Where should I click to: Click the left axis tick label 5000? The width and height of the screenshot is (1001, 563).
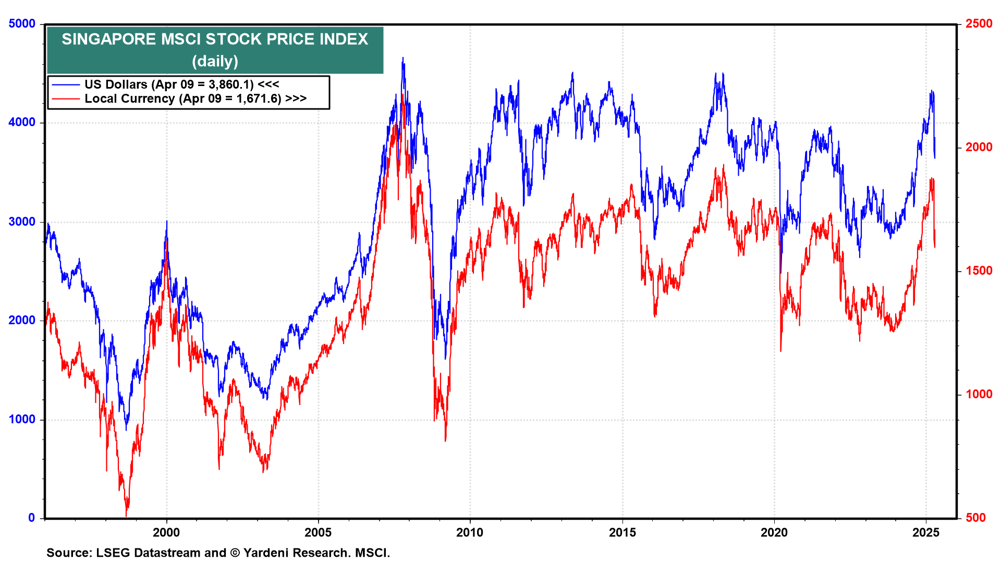pos(22,24)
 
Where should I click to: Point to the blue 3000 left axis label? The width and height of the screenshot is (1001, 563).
pos(22,222)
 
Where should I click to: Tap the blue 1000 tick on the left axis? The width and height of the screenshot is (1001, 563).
pos(22,420)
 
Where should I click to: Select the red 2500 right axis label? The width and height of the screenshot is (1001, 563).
pos(979,24)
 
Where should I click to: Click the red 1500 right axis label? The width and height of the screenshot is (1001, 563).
pos(979,271)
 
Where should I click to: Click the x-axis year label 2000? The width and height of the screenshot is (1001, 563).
pos(166,532)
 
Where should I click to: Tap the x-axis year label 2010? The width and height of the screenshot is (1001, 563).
pos(470,532)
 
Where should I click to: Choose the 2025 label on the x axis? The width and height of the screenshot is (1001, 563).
pos(926,532)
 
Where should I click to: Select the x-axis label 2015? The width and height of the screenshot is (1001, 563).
pos(622,532)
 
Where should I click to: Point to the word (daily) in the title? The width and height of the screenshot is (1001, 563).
pos(215,62)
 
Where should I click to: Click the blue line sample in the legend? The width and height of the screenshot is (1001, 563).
pos(66,84)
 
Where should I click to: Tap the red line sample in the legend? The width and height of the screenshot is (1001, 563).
pos(66,99)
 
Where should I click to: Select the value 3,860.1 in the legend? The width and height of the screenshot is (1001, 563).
pos(231,84)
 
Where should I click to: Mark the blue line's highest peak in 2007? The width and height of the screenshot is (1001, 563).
pos(402,58)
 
